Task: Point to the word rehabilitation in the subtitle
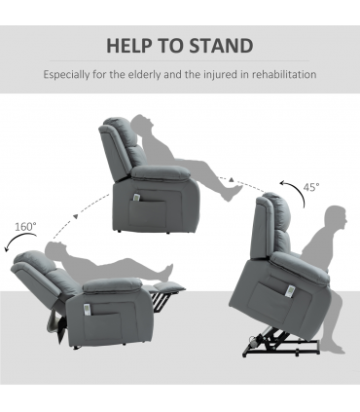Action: (x=281, y=74)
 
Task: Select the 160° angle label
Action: (x=26, y=227)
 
